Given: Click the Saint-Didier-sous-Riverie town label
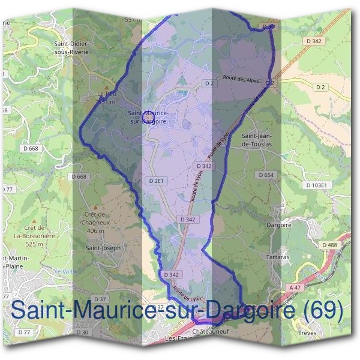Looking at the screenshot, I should (x=71, y=48).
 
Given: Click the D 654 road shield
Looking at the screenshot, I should (x=265, y=175).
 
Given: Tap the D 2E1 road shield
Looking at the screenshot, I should (x=156, y=180).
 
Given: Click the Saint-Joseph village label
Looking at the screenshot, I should (x=103, y=247).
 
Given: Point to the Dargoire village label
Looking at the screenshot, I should (x=278, y=226).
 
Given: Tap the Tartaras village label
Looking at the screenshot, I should (x=277, y=256).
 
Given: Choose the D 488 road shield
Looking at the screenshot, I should (x=329, y=245).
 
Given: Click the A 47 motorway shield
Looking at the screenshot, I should (x=295, y=288).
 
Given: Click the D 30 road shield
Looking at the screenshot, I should (x=82, y=332).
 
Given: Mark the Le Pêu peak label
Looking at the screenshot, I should (x=106, y=97).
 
